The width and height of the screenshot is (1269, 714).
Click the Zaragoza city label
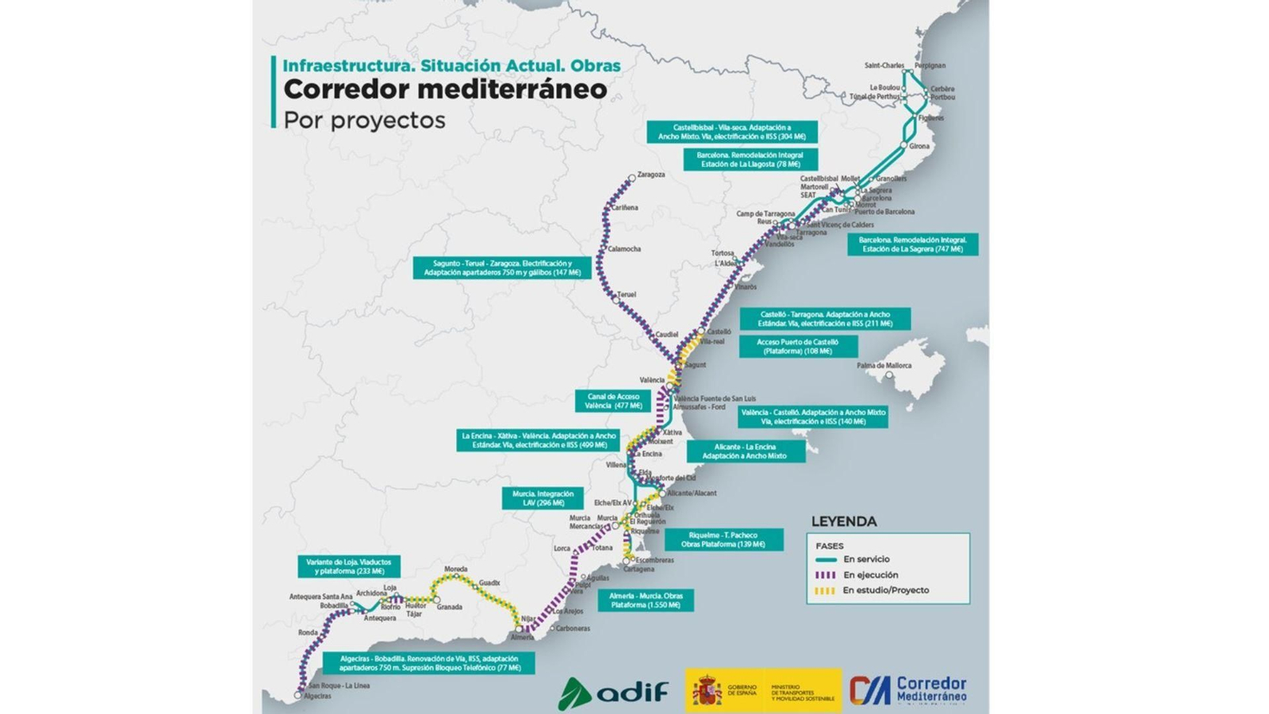click(650, 175)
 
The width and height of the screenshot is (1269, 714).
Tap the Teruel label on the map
click(627, 294)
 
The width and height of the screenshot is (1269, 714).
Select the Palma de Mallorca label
click(884, 366)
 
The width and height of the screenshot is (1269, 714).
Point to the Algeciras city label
click(317, 696)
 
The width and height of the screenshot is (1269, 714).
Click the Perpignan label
click(930, 66)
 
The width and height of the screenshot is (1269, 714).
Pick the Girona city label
click(919, 147)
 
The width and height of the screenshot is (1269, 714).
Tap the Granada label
click(449, 607)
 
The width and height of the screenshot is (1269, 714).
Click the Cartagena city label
click(638, 569)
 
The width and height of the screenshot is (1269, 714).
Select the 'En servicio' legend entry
click(866, 559)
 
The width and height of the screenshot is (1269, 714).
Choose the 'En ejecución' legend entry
click(871, 574)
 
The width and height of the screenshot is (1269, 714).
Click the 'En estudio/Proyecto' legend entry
click(885, 590)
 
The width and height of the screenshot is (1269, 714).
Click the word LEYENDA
click(843, 522)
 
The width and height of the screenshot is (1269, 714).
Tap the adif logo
click(613, 692)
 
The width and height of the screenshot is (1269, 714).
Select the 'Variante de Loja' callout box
click(349, 566)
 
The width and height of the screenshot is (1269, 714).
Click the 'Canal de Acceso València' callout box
click(613, 401)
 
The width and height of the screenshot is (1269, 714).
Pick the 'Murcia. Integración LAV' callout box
click(542, 498)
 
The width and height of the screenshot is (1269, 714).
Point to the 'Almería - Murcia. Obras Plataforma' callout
click(646, 600)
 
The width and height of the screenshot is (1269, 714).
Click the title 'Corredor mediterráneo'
click(445, 90)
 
